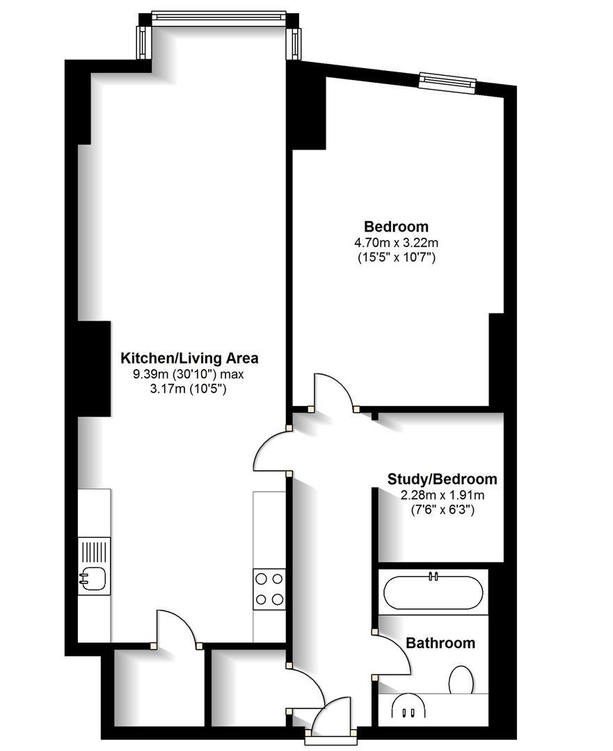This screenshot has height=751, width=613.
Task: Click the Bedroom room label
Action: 397,227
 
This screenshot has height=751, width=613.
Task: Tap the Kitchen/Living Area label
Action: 189,359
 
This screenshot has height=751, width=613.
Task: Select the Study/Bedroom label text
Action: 442,479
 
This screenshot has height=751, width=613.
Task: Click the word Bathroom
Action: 440,643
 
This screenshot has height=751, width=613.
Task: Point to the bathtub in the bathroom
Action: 433,592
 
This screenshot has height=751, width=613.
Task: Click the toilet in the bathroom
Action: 461,680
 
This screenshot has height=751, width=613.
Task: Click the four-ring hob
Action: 269,588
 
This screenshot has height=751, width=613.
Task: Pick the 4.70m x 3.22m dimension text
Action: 397,243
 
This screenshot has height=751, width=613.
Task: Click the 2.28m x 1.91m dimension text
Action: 442,495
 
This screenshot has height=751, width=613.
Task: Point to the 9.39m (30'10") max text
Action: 189,375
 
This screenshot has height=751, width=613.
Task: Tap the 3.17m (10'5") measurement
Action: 189,389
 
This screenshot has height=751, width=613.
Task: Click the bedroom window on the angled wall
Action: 447,83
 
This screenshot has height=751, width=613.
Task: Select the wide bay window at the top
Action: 218,18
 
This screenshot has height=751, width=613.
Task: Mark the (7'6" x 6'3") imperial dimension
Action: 442,510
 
